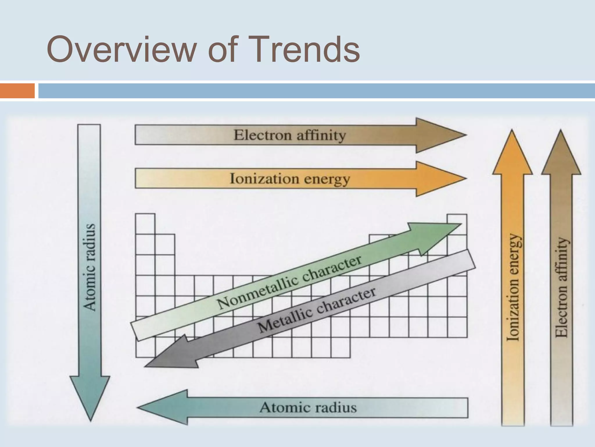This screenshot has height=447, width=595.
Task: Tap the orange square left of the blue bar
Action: [17, 91]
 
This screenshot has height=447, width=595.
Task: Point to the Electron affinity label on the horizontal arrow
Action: [290, 135]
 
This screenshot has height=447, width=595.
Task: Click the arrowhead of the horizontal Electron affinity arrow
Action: [439, 135]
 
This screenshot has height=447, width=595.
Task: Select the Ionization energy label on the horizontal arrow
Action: [290, 179]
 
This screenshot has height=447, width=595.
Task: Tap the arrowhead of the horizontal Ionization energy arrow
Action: [439, 179]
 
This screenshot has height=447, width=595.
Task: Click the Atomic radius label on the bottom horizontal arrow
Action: [308, 407]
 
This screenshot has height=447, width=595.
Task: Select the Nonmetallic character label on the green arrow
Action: [289, 282]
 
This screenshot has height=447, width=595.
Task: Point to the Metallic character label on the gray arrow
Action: [317, 310]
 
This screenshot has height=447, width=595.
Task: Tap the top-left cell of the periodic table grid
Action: [145, 224]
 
